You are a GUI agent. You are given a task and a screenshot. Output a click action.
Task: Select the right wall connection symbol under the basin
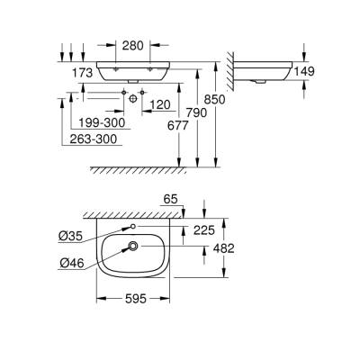click(144, 97)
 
